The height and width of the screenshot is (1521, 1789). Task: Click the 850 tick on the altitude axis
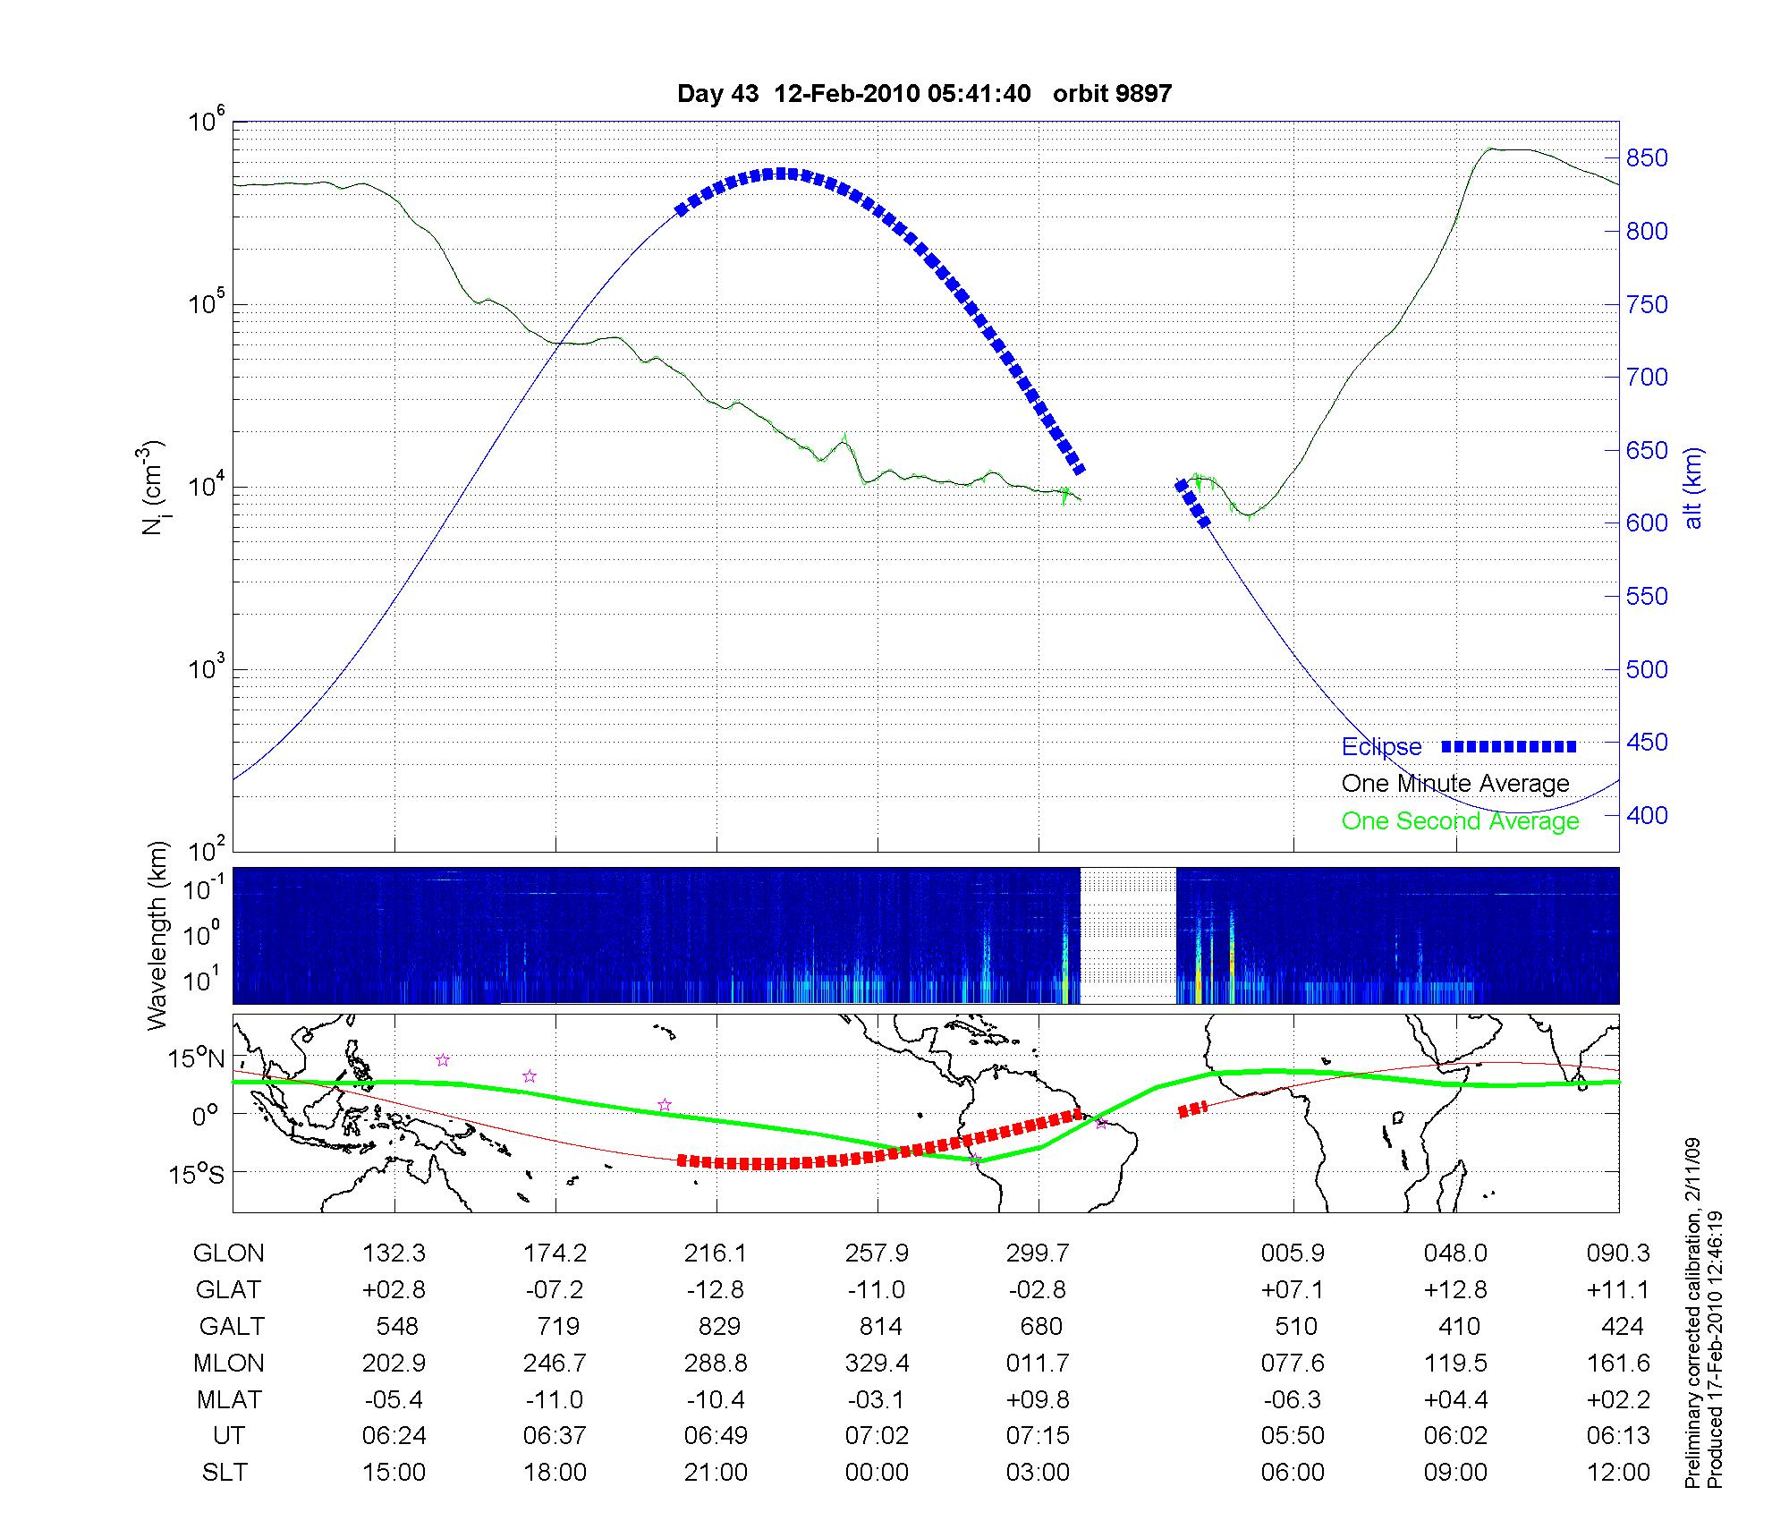click(1646, 158)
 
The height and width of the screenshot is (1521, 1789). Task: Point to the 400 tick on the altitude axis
click(1646, 815)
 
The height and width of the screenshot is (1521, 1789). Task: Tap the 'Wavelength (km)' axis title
click(157, 936)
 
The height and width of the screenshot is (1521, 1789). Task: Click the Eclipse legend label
click(1381, 746)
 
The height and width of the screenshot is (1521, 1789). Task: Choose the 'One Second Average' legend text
click(1460, 820)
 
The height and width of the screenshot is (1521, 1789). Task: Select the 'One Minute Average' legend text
click(1455, 784)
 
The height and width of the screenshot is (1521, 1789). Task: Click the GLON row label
click(228, 1253)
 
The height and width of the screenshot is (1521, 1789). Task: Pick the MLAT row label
click(229, 1399)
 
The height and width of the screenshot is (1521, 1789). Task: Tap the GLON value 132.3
click(394, 1253)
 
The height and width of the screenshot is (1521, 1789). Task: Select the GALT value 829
click(718, 1326)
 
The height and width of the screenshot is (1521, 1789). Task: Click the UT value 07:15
click(1038, 1436)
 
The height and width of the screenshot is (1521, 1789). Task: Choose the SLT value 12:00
click(1618, 1472)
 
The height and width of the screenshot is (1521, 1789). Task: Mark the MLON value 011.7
click(1038, 1363)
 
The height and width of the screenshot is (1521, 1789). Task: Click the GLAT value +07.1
click(1293, 1289)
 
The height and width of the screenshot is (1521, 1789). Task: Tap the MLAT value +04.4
click(1455, 1399)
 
